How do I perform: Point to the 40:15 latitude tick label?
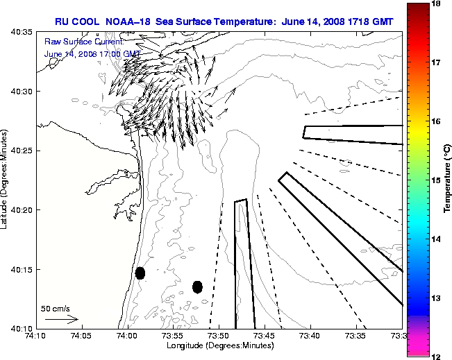tap(23, 269)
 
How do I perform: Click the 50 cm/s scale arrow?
tap(61, 320)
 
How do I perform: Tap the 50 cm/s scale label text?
tap(55, 308)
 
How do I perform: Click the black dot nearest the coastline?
tap(140, 273)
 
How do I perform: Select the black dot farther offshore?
tap(197, 286)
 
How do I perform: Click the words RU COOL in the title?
tap(78, 22)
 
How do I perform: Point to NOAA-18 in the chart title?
tap(131, 22)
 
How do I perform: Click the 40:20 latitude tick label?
tap(23, 210)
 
